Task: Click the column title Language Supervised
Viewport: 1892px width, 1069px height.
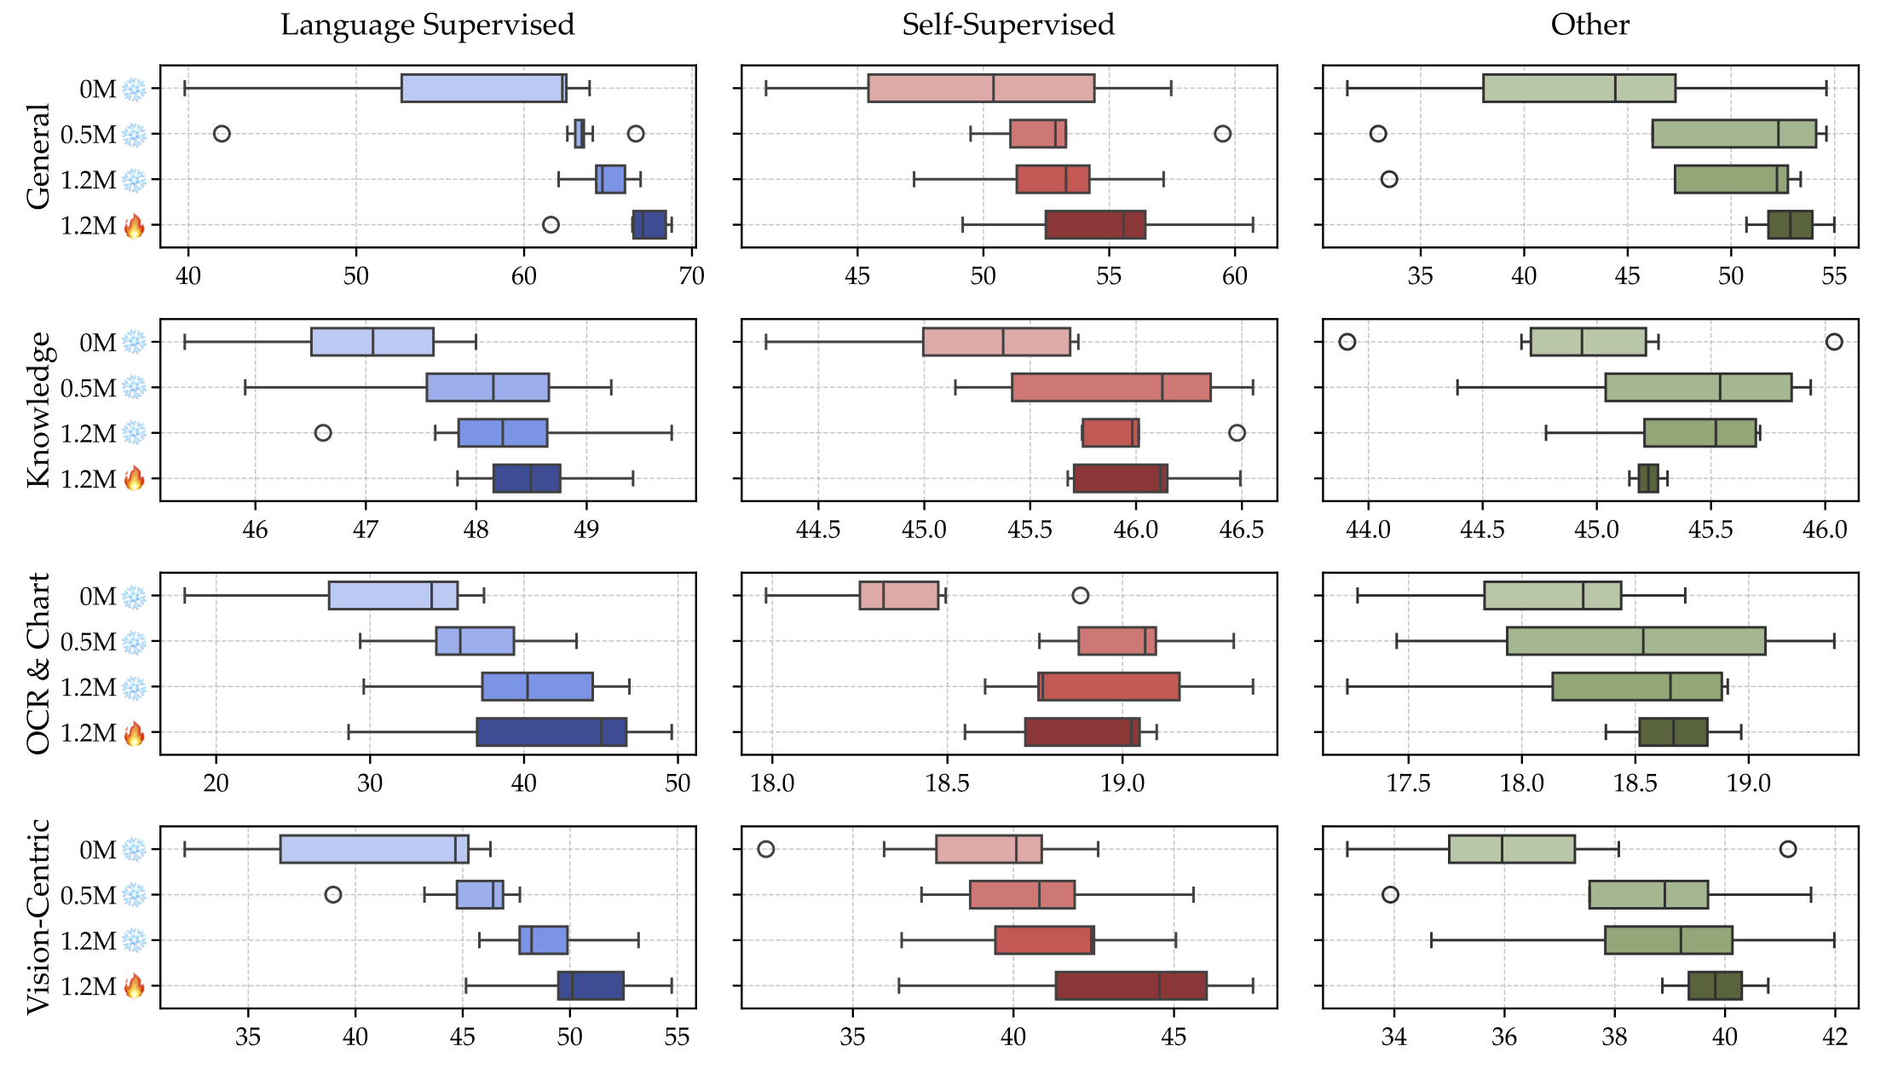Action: point(427,25)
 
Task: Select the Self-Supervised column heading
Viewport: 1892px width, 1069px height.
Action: point(1007,25)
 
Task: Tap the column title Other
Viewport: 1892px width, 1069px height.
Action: point(1589,25)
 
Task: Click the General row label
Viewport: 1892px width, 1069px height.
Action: point(38,156)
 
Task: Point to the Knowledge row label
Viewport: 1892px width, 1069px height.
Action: point(38,409)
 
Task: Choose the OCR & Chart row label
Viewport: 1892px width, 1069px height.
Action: point(38,663)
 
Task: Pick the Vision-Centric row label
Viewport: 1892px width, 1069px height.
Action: point(38,916)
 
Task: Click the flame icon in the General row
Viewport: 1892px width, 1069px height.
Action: point(134,226)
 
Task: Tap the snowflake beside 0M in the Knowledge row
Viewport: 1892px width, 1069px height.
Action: point(134,343)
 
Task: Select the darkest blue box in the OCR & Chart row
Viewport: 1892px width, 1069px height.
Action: point(551,732)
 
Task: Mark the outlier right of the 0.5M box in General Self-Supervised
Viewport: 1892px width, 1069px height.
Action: point(1222,134)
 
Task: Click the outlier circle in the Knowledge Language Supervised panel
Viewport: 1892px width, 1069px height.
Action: point(323,433)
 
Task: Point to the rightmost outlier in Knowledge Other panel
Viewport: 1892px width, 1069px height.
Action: point(1834,342)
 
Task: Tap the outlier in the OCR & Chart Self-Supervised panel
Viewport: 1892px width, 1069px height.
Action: point(1080,596)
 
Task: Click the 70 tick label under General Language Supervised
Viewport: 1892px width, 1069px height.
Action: point(692,276)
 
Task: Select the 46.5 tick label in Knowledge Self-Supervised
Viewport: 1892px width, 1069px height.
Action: point(1241,530)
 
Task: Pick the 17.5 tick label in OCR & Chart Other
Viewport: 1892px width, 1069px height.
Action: point(1408,783)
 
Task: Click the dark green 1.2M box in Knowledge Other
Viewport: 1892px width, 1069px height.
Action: point(1648,478)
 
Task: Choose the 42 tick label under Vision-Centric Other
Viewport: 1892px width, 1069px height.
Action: point(1834,1037)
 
